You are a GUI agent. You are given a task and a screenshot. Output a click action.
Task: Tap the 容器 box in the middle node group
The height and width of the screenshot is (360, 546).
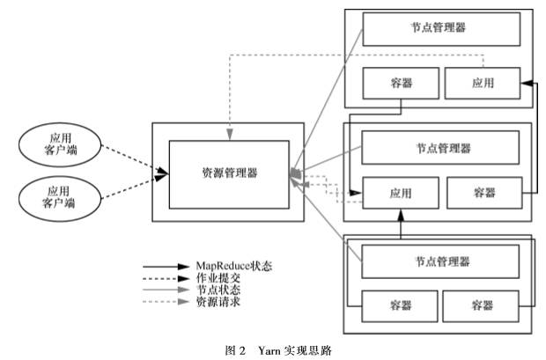click(483, 193)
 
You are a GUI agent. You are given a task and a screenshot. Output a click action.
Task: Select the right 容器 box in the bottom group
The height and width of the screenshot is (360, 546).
click(481, 305)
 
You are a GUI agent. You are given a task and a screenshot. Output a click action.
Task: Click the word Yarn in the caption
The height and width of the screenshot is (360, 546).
click(269, 349)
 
